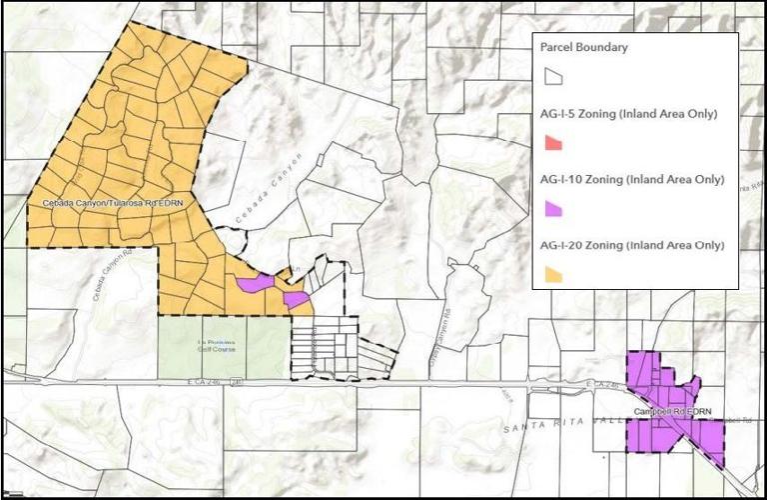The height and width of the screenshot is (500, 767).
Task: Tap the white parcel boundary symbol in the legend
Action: point(551,76)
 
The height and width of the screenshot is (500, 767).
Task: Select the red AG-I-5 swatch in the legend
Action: point(551,143)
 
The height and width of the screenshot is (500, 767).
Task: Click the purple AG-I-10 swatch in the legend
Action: point(551,209)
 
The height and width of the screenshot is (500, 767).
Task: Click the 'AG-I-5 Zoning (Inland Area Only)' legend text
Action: point(628,114)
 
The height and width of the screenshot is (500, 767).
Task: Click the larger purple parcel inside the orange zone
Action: point(254,283)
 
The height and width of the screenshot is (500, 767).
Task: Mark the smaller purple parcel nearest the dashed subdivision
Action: point(296,298)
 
